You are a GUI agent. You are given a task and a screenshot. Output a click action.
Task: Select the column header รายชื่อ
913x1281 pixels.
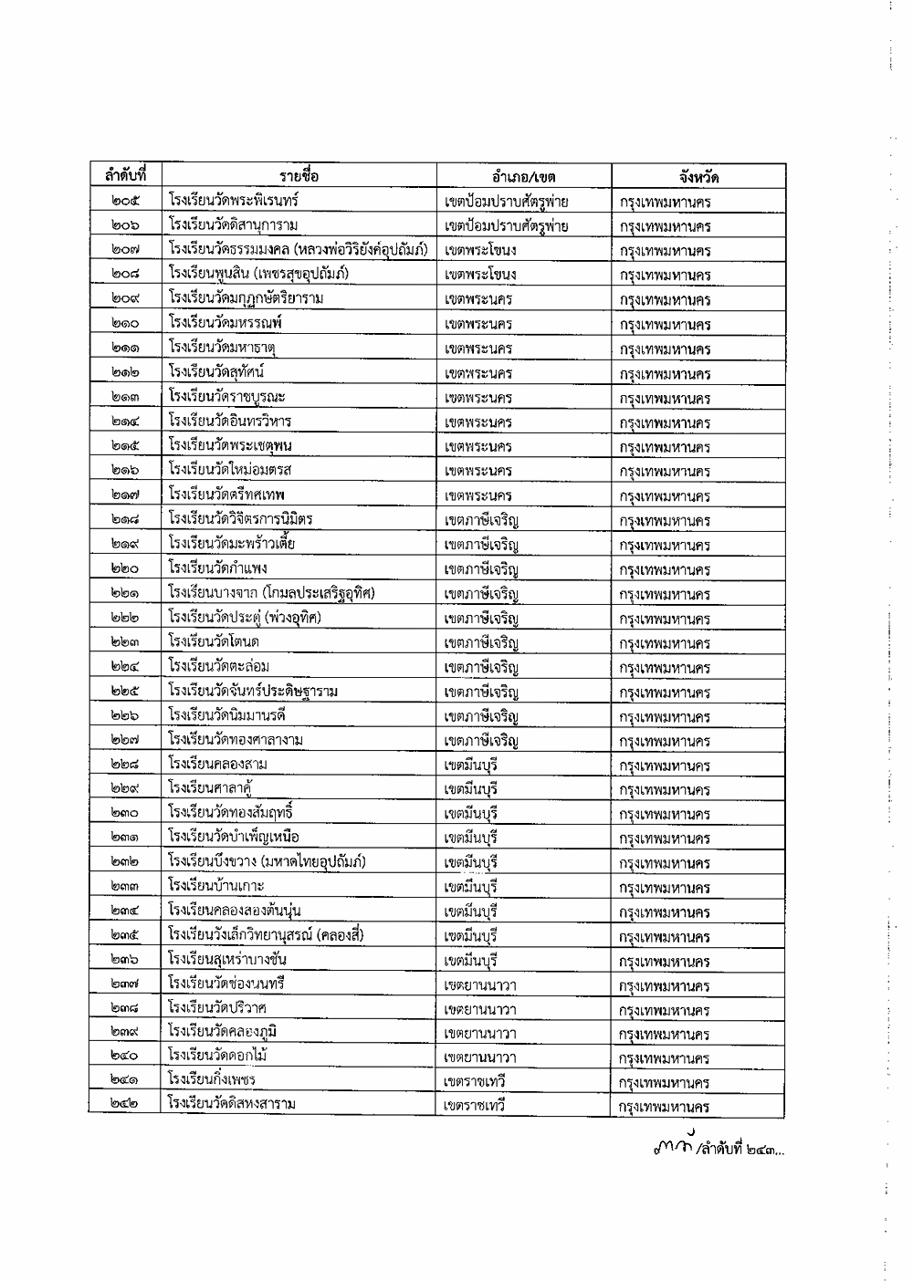(299, 175)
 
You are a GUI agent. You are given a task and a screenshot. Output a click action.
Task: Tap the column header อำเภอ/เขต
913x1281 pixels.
(523, 176)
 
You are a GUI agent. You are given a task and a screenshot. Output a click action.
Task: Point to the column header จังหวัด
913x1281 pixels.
(698, 176)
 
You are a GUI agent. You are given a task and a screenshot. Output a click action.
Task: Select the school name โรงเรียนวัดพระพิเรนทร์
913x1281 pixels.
(234, 200)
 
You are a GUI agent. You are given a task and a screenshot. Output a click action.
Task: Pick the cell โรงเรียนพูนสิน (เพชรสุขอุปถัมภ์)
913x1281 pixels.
(258, 274)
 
